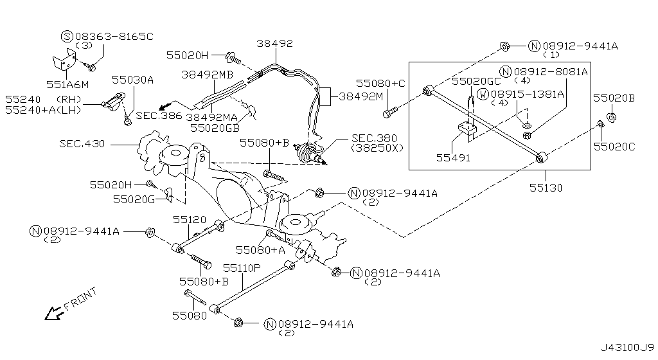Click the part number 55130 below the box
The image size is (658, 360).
coord(546,188)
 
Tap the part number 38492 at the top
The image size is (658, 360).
coord(275,44)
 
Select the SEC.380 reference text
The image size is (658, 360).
coord(373,138)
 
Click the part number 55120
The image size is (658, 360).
coord(188,219)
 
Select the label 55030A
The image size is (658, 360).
coord(133,80)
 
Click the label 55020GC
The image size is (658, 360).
coord(476,81)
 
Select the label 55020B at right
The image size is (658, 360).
coord(614,98)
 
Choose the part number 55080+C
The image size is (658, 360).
coord(382,83)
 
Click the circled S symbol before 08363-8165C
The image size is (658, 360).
coord(67,36)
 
